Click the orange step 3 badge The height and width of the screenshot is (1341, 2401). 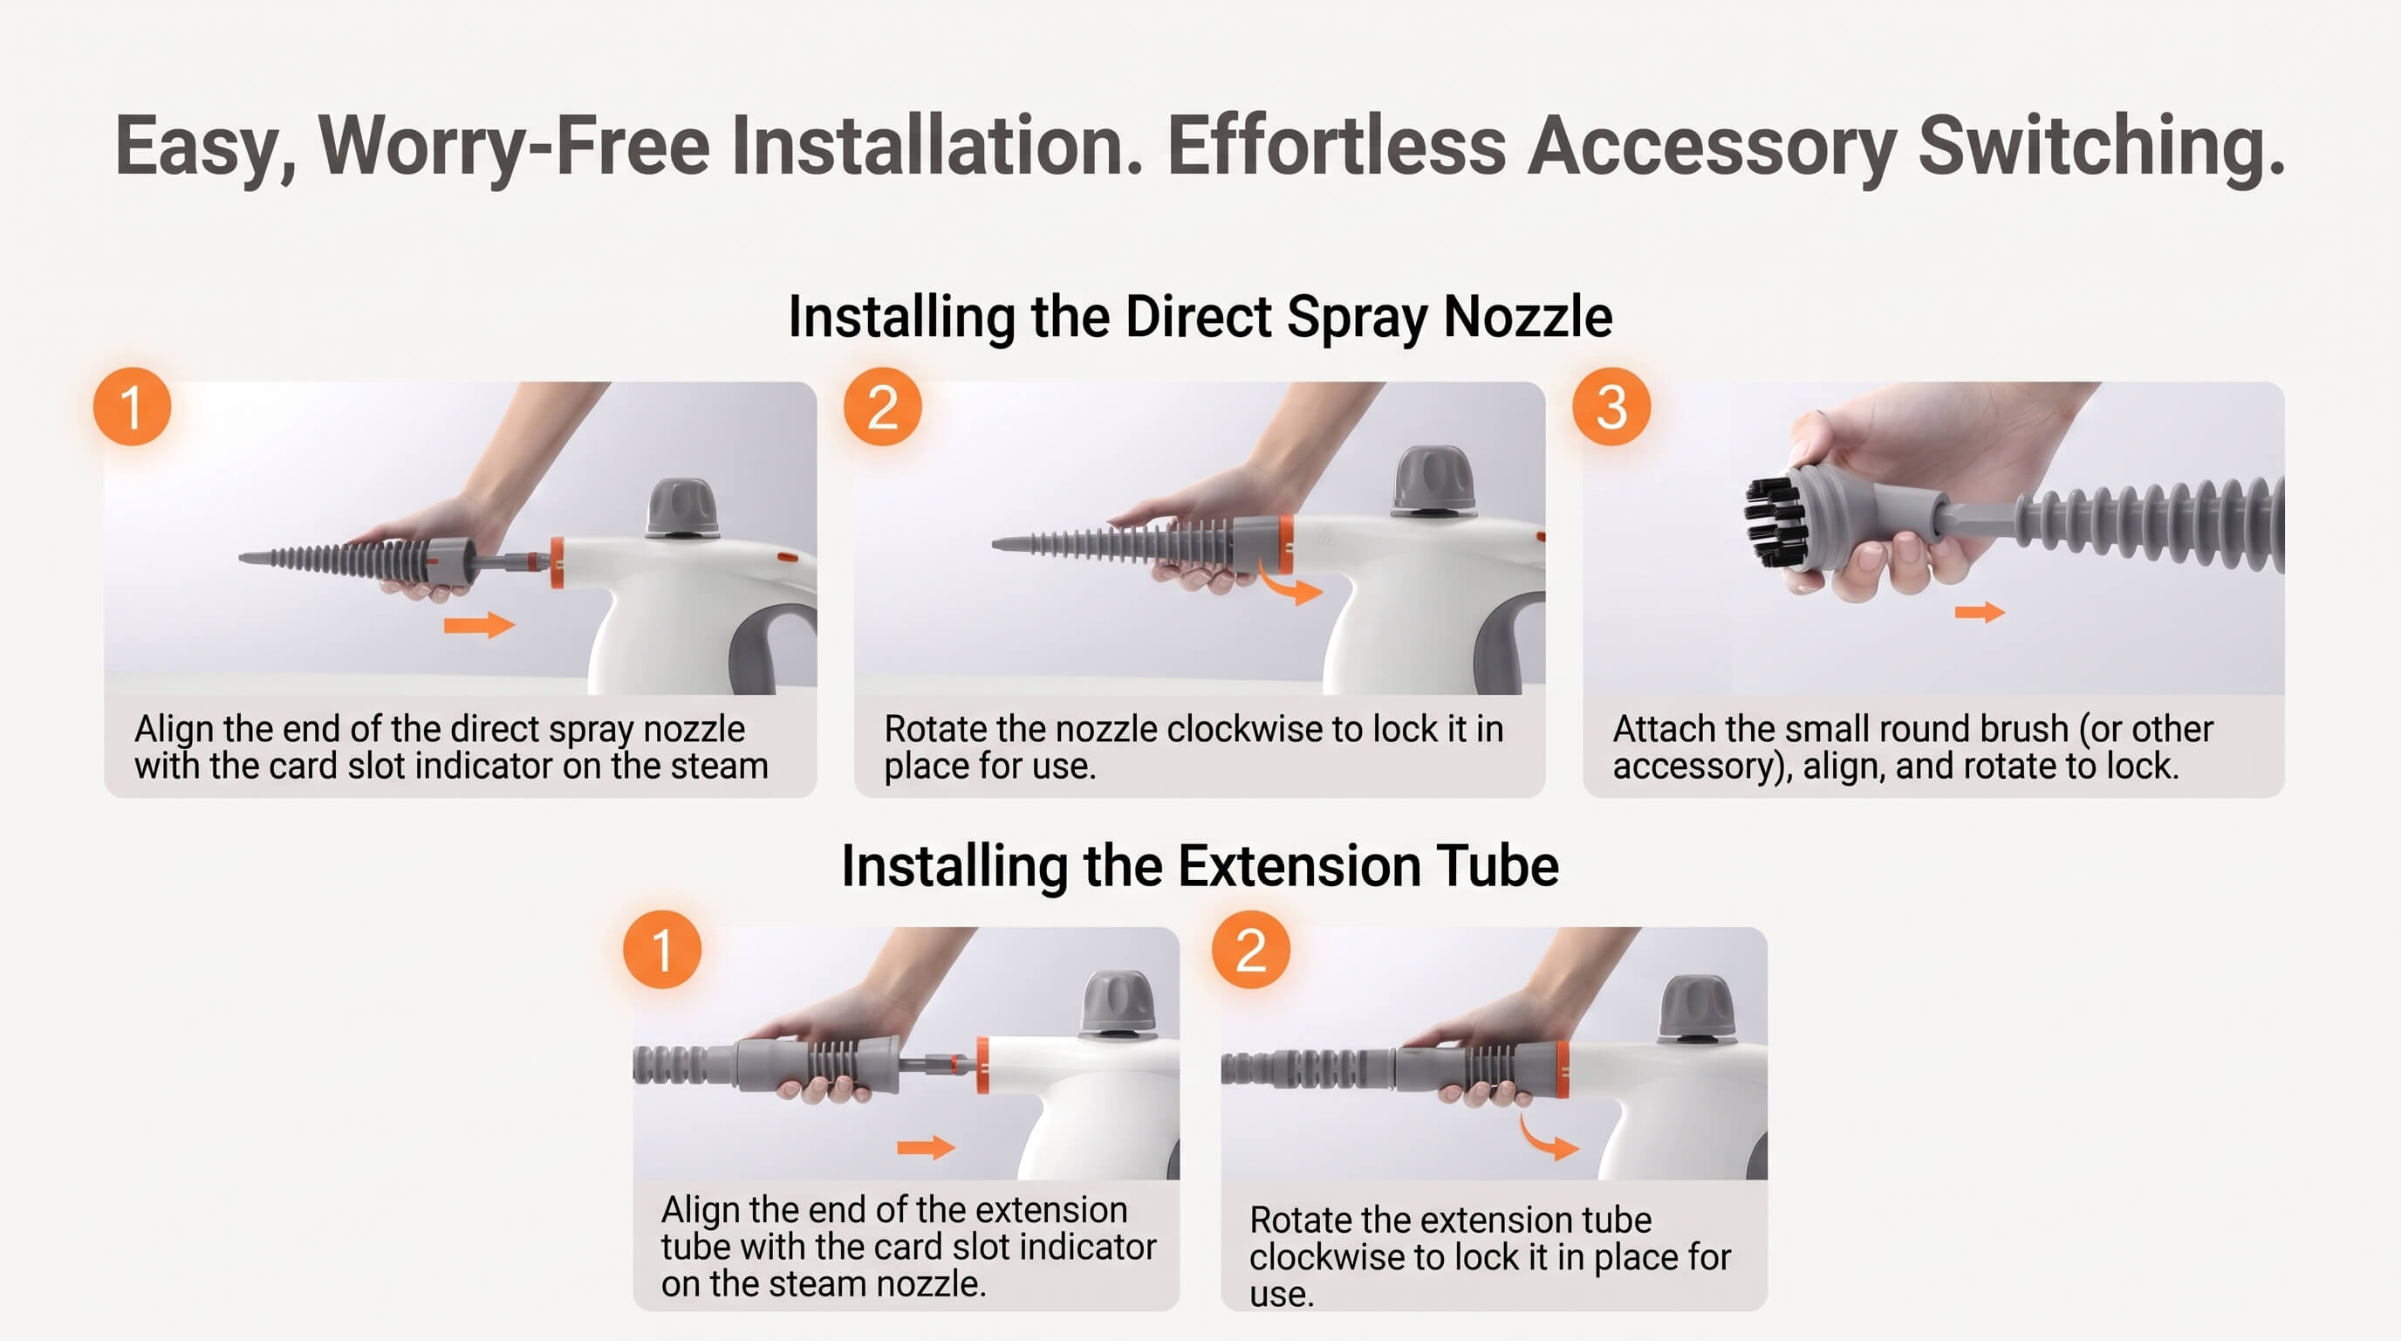click(x=1611, y=407)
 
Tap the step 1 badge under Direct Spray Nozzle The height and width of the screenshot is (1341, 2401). click(x=133, y=407)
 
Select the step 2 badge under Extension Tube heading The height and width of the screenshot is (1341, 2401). click(x=1251, y=949)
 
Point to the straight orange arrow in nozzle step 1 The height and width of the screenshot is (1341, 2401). click(x=479, y=625)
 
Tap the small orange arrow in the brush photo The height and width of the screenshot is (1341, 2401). click(x=1980, y=612)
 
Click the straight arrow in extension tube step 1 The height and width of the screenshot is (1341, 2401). click(x=926, y=1147)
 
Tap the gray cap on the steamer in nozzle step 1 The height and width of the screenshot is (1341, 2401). click(x=682, y=508)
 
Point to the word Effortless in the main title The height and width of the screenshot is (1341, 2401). click(x=1336, y=146)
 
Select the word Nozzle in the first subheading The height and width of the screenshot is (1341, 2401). click(x=1528, y=316)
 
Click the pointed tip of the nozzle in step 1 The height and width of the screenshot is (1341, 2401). click(x=243, y=559)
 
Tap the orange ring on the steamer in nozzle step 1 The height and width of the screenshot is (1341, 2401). click(x=557, y=562)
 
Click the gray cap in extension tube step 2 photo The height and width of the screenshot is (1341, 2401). click(x=1695, y=1010)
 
